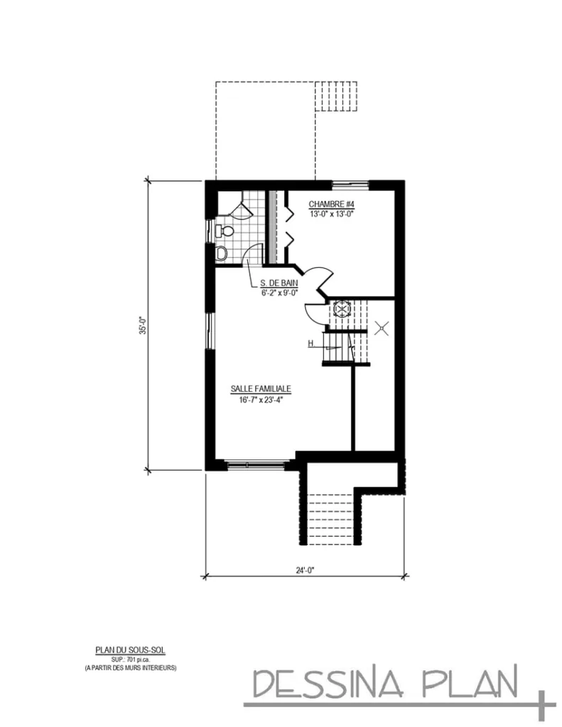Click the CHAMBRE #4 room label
330,204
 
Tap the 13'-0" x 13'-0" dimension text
330,213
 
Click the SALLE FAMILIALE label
261,389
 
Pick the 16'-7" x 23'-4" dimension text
261,399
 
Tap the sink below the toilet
220,252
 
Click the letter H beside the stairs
311,344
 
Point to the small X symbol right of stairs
382,329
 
